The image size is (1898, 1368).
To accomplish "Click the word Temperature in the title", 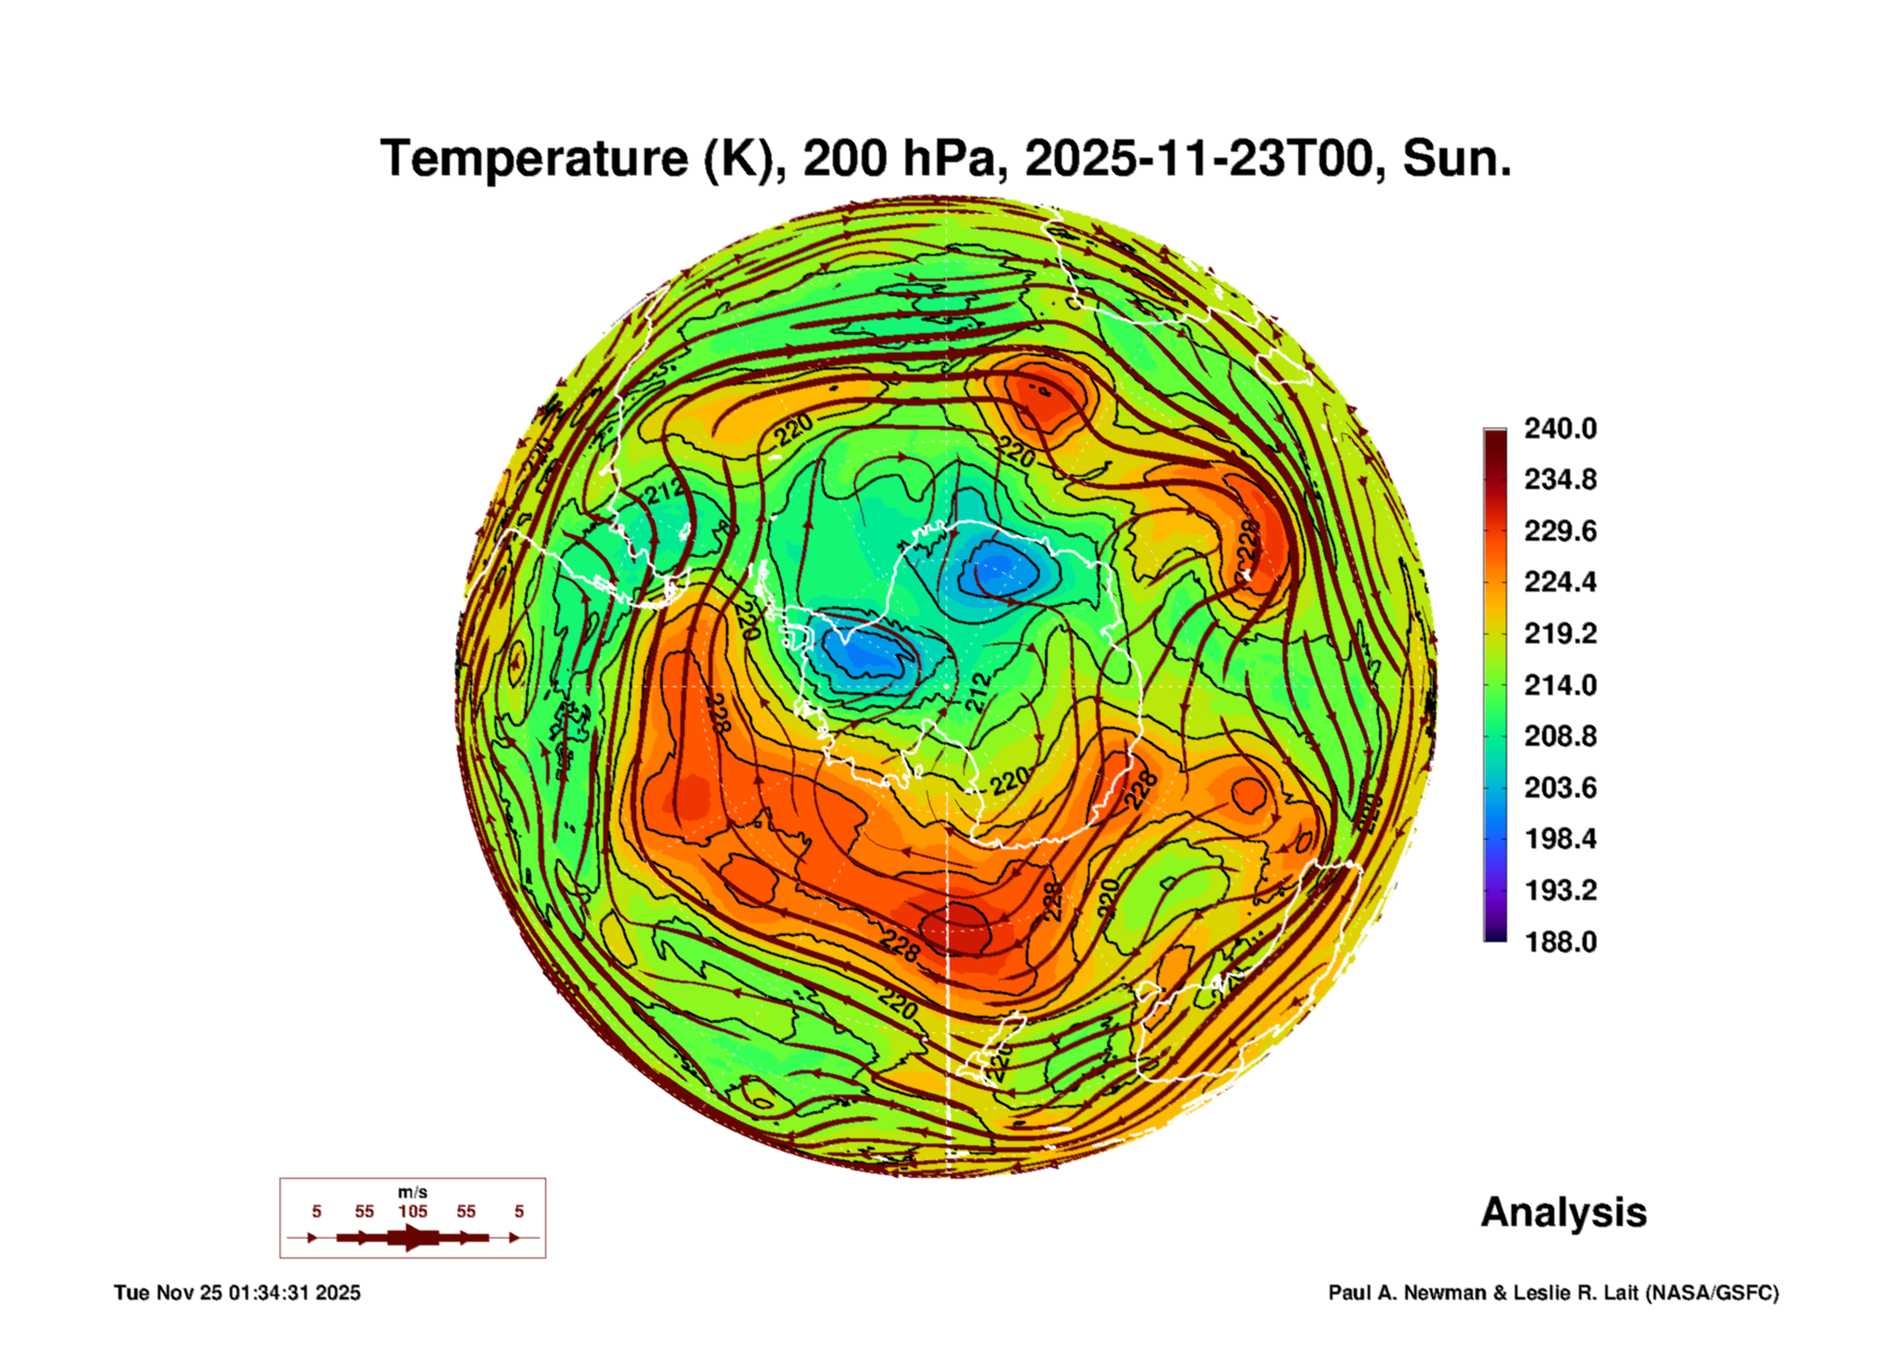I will [x=534, y=159].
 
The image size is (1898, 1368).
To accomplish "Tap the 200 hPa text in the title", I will [x=899, y=159].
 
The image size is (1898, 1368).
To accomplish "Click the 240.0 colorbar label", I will [x=1560, y=429].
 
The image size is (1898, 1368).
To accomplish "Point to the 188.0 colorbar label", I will [x=1560, y=942].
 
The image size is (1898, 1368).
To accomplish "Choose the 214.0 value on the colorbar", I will [x=1560, y=685].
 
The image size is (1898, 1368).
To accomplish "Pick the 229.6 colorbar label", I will [x=1560, y=531].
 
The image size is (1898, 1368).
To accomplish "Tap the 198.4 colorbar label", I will [x=1560, y=839].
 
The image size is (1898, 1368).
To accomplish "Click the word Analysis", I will [x=1563, y=1212].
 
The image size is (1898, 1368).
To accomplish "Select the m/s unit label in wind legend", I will [x=413, y=1192].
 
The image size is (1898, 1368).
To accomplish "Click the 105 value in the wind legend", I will [x=413, y=1211].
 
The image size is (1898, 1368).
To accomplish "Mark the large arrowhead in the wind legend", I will [x=414, y=1237].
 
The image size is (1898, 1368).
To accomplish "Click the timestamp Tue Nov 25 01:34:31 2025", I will [x=237, y=1293].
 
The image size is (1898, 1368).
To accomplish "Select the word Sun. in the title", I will [x=1456, y=159].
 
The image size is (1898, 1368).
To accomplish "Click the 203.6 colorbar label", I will [x=1560, y=788].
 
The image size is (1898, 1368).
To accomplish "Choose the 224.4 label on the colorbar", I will [x=1560, y=582].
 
